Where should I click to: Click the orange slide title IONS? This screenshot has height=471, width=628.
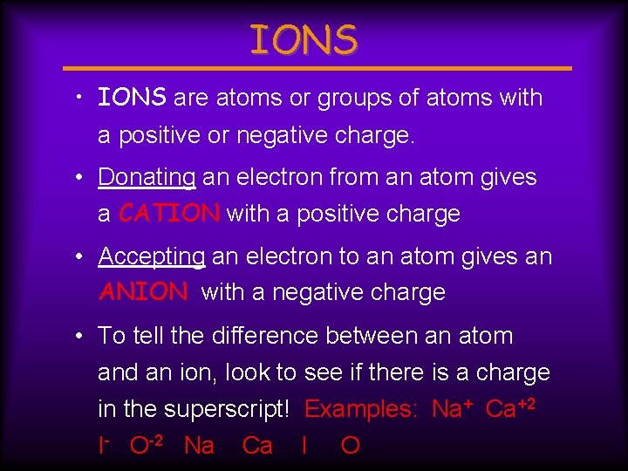point(304,40)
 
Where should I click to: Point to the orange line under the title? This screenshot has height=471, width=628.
point(318,68)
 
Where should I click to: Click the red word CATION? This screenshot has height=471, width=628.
point(169,214)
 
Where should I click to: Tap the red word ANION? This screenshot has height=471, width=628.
point(143,292)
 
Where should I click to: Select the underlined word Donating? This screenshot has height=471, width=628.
point(147,177)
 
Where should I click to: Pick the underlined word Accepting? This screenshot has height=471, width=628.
point(152,256)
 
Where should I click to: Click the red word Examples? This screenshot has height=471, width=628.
point(361,410)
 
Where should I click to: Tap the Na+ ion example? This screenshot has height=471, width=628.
point(452,409)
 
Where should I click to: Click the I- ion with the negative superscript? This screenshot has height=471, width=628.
point(104,446)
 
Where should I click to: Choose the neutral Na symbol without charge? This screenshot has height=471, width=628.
point(199,447)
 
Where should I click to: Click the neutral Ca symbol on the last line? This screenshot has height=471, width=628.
point(256,447)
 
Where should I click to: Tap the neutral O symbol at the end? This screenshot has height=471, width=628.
point(350,447)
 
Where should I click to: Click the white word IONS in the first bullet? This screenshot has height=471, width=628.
point(132,98)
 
